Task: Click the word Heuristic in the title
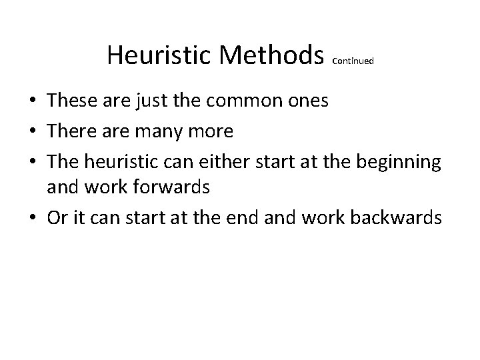(x=159, y=55)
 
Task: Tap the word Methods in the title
(x=271, y=55)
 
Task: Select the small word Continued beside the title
(x=353, y=61)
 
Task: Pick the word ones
(x=306, y=102)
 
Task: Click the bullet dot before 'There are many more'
(x=33, y=131)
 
